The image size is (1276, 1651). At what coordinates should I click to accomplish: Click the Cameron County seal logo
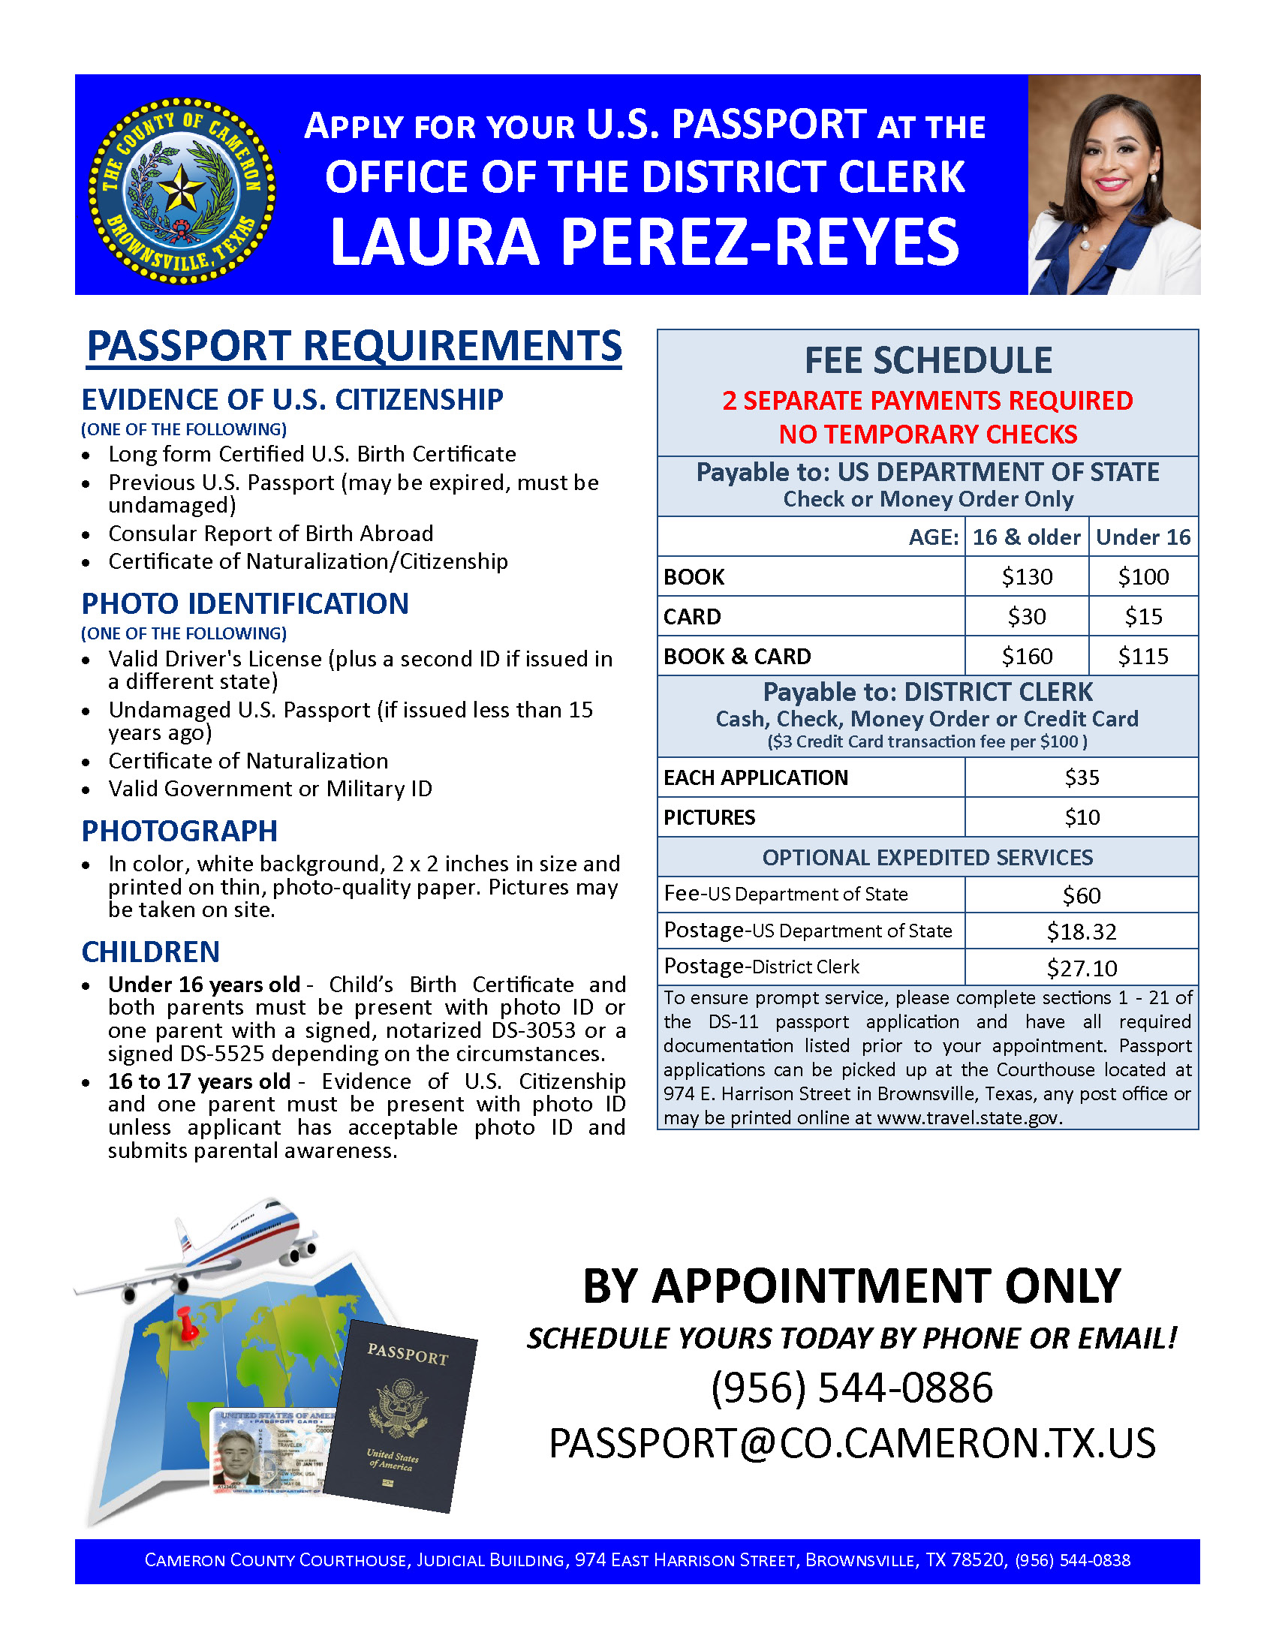182,191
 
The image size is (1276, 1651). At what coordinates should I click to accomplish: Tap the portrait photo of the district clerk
1113,185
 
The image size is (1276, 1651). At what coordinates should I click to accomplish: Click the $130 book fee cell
1027,577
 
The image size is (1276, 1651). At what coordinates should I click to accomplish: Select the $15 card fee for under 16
1143,617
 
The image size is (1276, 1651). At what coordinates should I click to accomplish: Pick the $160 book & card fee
1027,656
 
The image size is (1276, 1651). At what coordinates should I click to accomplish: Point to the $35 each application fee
1082,777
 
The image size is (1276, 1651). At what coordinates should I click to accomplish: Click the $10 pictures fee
1082,817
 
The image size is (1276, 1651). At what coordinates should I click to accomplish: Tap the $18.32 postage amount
1082,931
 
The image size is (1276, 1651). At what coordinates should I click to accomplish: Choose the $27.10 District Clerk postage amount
1082,967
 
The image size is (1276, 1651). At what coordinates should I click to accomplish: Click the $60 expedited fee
1082,895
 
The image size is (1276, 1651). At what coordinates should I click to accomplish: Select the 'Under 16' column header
1143,537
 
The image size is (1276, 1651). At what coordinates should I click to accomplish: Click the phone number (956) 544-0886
852,1387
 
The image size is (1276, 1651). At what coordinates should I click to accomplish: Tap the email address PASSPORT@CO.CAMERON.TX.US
852,1442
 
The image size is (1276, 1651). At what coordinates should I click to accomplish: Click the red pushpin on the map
188,1323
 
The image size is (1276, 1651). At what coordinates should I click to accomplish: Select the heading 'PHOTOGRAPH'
180,831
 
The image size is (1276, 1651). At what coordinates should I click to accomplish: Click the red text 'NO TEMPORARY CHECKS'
928,434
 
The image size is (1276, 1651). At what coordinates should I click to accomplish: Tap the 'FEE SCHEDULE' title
928,360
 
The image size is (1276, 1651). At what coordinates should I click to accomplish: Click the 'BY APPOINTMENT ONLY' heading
852,1286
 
